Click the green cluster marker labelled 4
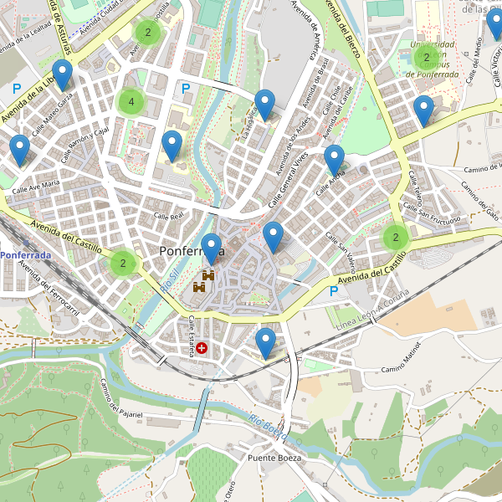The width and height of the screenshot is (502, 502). point(131,102)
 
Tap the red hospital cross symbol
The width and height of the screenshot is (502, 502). point(202,346)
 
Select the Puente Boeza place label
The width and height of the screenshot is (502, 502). point(274,458)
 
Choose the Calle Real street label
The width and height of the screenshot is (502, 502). point(168,217)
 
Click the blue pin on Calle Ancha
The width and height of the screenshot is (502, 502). point(334,159)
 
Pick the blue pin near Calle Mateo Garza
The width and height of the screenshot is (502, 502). point(62,74)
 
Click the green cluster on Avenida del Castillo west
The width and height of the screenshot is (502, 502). point(123,264)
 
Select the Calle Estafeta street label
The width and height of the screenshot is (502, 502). point(191,337)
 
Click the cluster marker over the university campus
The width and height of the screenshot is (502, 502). point(426,58)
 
